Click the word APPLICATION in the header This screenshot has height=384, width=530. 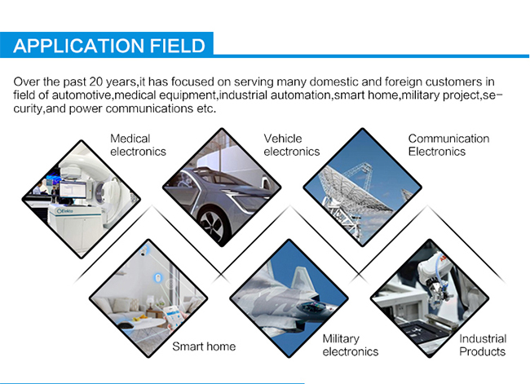(x=79, y=46)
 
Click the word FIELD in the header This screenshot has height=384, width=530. (x=178, y=46)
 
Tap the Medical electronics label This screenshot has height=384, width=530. (x=138, y=145)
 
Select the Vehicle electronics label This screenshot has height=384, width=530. (x=291, y=145)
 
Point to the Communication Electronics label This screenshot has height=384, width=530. (x=448, y=145)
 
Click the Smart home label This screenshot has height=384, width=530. (x=204, y=346)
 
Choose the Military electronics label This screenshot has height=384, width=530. (x=350, y=345)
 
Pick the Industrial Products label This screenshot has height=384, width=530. (x=483, y=345)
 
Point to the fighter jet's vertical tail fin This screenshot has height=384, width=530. (x=302, y=278)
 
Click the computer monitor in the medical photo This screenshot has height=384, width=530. (x=73, y=190)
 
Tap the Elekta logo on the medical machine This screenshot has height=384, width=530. (x=65, y=211)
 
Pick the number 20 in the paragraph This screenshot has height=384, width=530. (x=96, y=82)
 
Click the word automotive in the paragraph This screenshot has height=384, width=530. (x=82, y=95)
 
